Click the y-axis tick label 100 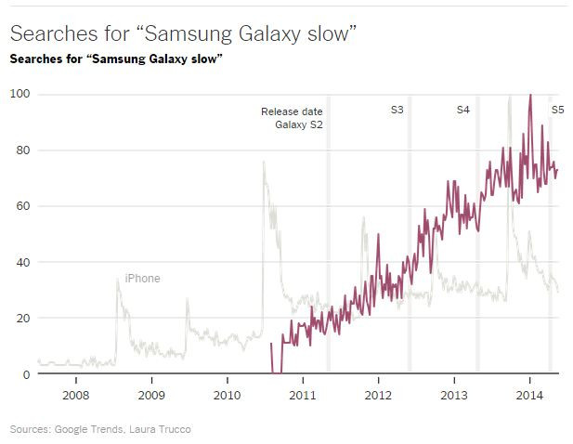click(20, 94)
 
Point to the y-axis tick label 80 click(22, 150)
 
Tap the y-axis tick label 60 click(22, 206)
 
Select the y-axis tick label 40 click(22, 263)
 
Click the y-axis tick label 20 click(22, 319)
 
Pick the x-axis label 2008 click(75, 394)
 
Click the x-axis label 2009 click(151, 394)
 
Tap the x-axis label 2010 click(227, 394)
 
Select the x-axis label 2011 click(303, 394)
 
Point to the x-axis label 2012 click(378, 394)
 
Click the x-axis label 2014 click(529, 394)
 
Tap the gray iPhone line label click(142, 279)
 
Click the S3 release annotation click(397, 111)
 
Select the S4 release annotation click(462, 111)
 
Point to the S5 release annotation click(558, 111)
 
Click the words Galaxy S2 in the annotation click(298, 125)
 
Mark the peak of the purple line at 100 click(529, 95)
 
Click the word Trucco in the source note click(176, 429)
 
